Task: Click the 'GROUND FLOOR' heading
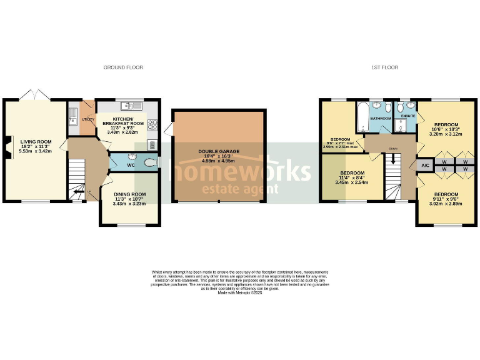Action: (x=123, y=67)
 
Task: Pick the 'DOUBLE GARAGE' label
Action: (x=219, y=151)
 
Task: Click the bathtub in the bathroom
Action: (x=361, y=117)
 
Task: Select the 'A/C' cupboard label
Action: (x=425, y=166)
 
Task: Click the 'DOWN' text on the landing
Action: (x=392, y=149)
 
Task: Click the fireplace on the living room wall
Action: (x=7, y=152)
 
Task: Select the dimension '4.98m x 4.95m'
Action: (x=218, y=160)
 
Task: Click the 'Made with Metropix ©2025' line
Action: (x=239, y=292)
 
